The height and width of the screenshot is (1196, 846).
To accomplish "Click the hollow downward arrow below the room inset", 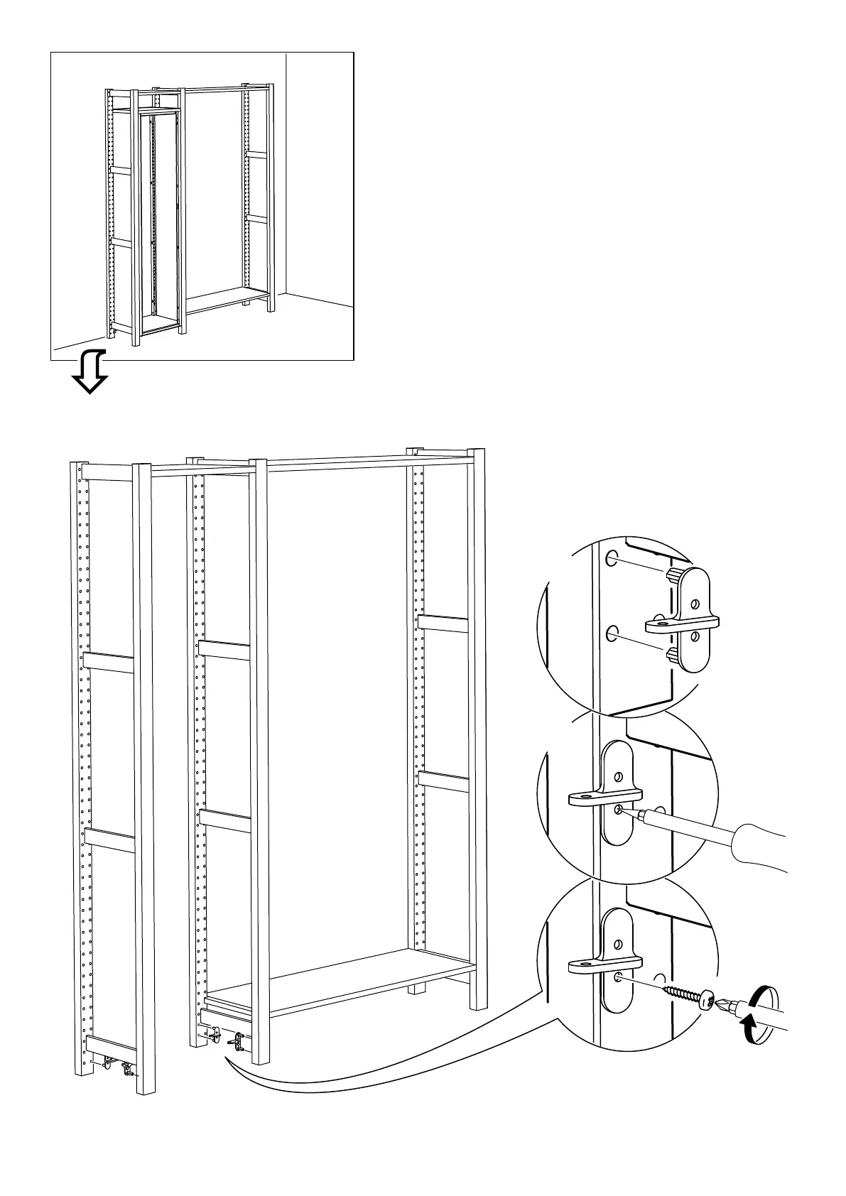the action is pos(91,371).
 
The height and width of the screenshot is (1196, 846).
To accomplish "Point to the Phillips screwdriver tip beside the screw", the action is pos(725,1004).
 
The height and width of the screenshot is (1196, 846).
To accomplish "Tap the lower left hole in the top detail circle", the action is pos(612,632).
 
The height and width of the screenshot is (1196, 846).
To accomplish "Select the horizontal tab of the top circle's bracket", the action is pos(680,625).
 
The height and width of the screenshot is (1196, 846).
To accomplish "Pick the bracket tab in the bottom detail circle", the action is pos(604,964).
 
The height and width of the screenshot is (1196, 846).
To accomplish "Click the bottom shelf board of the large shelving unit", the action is pos(341,980).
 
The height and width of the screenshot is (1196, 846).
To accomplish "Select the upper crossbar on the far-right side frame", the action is pos(443,624).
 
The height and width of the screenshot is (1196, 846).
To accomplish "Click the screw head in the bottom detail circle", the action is pos(708,1000).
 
